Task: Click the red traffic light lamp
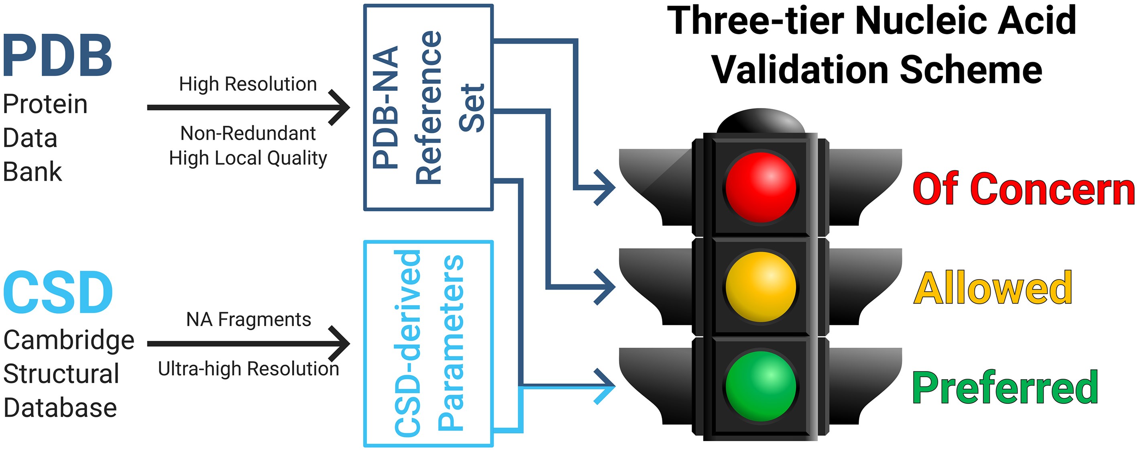pyautogui.click(x=761, y=187)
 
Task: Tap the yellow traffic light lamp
pyautogui.click(x=761, y=286)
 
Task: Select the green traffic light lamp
pyautogui.click(x=761, y=386)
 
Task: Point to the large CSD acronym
pyautogui.click(x=57, y=293)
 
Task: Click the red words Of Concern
pyautogui.click(x=1023, y=189)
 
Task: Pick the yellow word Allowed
pyautogui.click(x=993, y=288)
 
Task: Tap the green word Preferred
pyautogui.click(x=1005, y=388)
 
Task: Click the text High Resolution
pyautogui.click(x=248, y=84)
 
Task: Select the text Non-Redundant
pyautogui.click(x=248, y=133)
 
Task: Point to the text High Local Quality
pyautogui.click(x=248, y=158)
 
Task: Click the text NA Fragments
pyautogui.click(x=249, y=319)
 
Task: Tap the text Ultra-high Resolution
pyautogui.click(x=249, y=369)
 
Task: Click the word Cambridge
pyautogui.click(x=69, y=340)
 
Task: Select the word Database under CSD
pyautogui.click(x=60, y=408)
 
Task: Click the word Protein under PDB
pyautogui.click(x=45, y=104)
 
